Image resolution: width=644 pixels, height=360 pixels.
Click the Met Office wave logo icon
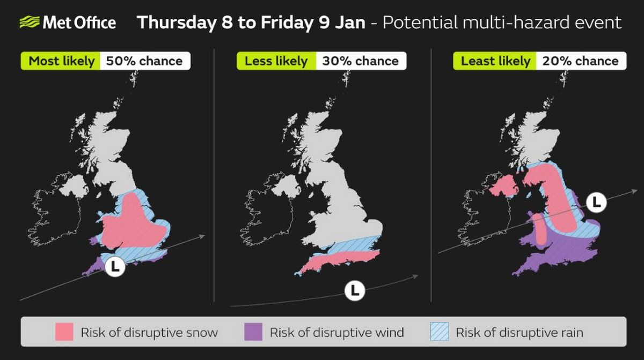pos(29,22)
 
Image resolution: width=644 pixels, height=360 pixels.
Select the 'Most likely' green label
pos(61,61)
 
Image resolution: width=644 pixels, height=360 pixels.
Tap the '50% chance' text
pos(144,61)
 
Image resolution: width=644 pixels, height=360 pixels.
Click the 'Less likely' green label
pos(276,61)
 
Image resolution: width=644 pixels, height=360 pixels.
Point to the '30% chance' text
pos(360,61)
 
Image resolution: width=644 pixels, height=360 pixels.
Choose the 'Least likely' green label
pos(495,61)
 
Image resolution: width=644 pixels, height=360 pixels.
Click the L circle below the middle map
pos(355,291)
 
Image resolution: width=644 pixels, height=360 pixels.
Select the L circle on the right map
pos(596,203)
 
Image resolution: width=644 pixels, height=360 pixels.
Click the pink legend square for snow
pos(64,332)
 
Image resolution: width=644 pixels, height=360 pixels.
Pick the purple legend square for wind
pos(253,332)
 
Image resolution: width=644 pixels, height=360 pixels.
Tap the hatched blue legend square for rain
pos(440,332)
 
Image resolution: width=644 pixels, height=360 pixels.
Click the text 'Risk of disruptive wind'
pos(336,333)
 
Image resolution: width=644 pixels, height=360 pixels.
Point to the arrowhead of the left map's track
pos(202,236)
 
